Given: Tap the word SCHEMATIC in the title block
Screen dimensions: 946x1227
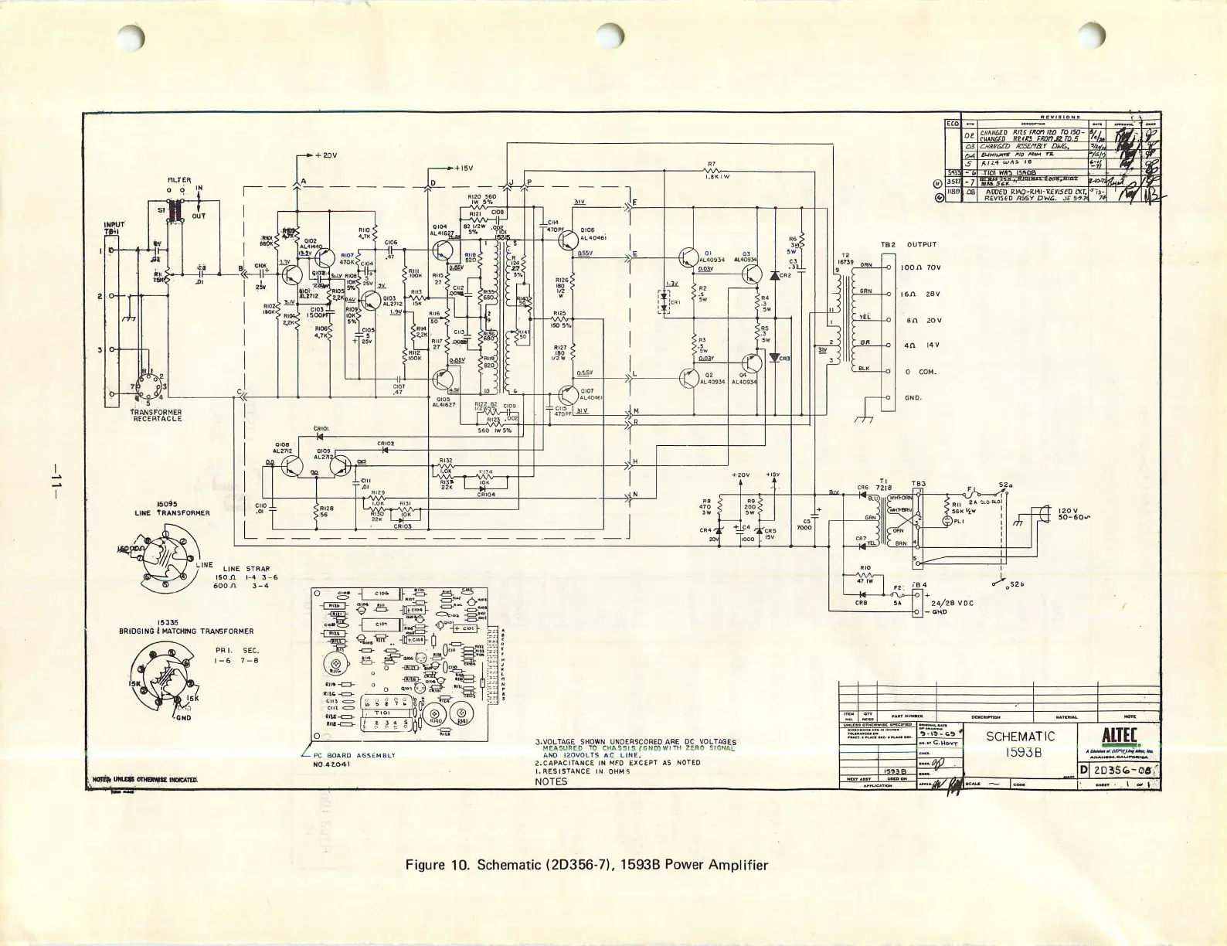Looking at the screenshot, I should [1020, 737].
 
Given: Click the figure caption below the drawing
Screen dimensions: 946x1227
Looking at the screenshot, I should [587, 863].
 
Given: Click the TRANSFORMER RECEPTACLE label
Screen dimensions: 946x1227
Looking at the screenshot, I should [156, 415].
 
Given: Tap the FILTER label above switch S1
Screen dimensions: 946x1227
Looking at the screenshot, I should [178, 181].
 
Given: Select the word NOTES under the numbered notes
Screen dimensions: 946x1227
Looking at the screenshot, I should [550, 781].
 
